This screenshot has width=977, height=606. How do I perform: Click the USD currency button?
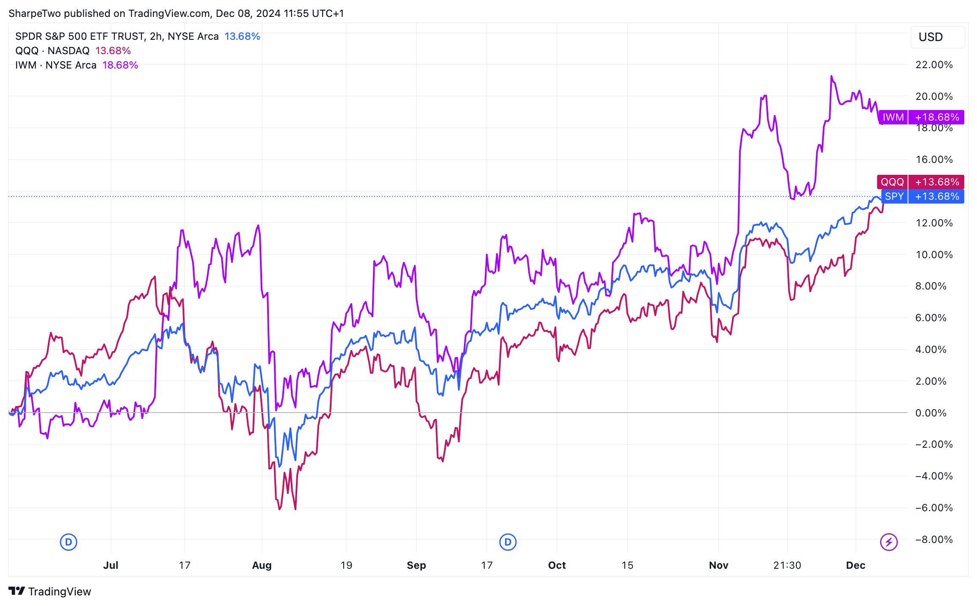pos(937,37)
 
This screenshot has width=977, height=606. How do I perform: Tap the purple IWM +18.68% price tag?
pos(921,117)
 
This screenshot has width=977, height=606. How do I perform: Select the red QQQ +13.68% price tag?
pos(920,182)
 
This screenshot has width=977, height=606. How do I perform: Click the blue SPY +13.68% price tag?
pos(922,196)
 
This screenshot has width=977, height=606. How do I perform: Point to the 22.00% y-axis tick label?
pos(934,65)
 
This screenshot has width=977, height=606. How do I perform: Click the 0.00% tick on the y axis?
pos(930,413)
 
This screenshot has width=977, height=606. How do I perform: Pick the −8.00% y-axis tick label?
pos(934,540)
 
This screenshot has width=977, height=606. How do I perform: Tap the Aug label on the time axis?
pos(262,565)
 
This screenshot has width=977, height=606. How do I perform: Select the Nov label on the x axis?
pos(718,565)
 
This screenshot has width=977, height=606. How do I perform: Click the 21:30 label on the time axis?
pos(787,565)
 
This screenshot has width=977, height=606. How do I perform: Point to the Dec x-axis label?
pos(856,565)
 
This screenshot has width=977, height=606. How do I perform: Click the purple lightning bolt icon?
pos(889,542)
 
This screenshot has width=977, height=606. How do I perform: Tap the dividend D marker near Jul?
pos(69,542)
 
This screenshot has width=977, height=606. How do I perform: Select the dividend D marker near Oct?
pos(508,542)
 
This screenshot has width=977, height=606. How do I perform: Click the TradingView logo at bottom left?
pos(50,591)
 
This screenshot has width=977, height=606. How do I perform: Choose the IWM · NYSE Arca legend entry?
pos(56,65)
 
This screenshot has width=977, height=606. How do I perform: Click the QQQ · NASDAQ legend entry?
pos(52,51)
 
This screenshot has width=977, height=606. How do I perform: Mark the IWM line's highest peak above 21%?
pos(831,76)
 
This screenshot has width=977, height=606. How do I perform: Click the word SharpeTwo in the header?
pos(34,14)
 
